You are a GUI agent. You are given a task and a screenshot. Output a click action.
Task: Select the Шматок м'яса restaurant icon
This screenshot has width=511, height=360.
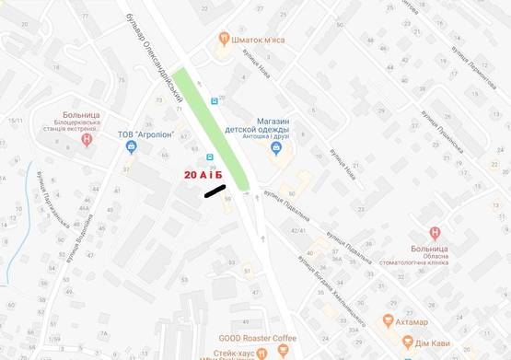(x=223, y=39)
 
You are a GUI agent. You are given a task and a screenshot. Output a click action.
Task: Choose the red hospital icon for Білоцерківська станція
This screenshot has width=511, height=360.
(x=87, y=140)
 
